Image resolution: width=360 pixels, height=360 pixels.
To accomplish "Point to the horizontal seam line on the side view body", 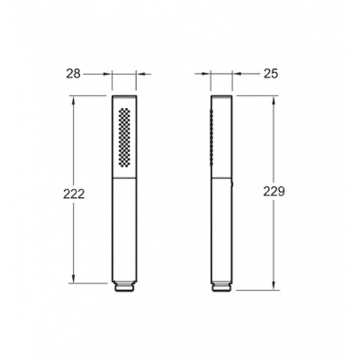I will pos(220,177).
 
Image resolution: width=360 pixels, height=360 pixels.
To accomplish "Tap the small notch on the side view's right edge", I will pos(232,187).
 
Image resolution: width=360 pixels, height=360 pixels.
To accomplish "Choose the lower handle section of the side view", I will pos(220,229).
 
